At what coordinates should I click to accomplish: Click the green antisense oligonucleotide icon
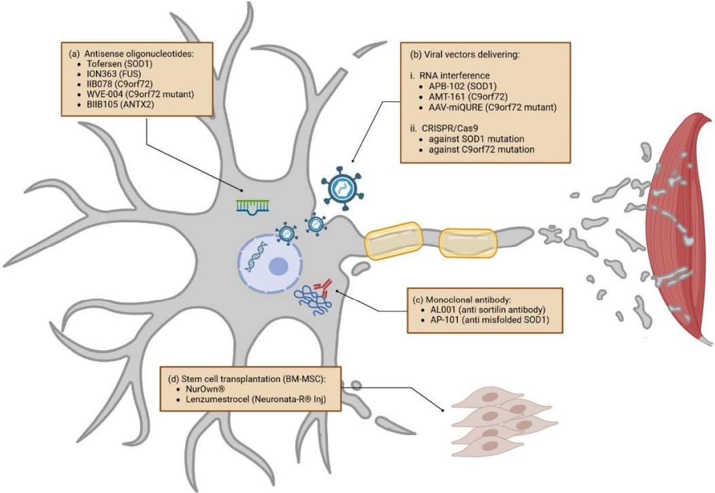(x=254, y=206)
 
